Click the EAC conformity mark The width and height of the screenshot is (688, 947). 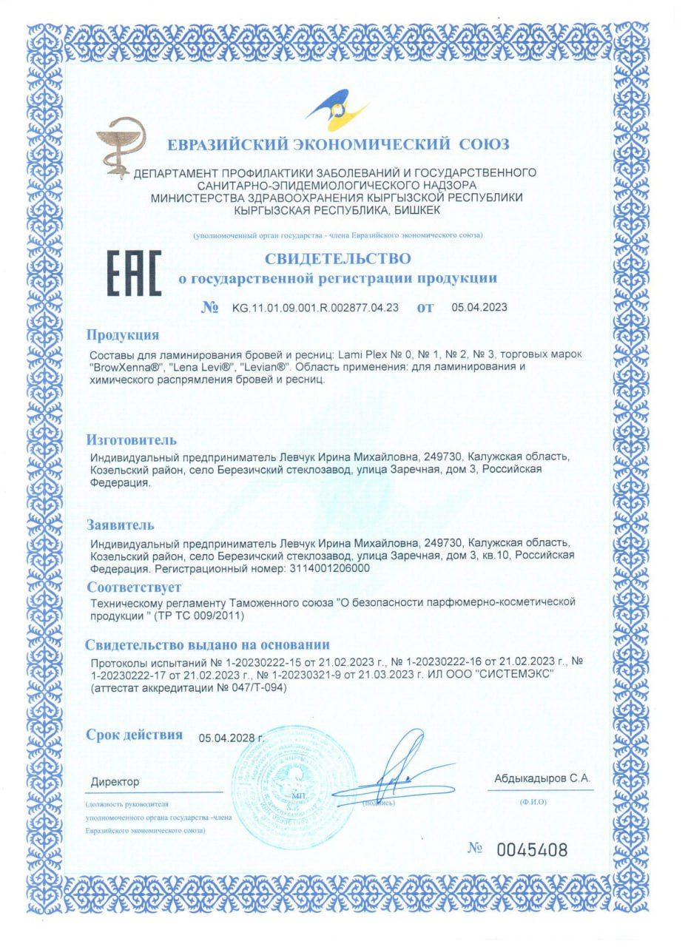click(134, 273)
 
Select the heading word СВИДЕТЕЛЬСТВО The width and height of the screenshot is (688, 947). click(337, 258)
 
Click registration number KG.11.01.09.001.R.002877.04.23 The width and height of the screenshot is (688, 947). click(315, 308)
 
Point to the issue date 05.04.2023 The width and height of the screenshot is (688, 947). click(479, 308)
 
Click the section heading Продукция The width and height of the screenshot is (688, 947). click(123, 334)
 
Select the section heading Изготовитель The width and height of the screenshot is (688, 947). click(132, 440)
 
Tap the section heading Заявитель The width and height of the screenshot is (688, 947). click(121, 525)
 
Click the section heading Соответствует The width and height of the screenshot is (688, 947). click(133, 587)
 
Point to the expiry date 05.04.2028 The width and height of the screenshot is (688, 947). click(231, 738)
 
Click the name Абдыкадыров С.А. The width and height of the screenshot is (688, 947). click(542, 778)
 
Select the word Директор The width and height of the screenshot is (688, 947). click(115, 782)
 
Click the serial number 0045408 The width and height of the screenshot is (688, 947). click(532, 850)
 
